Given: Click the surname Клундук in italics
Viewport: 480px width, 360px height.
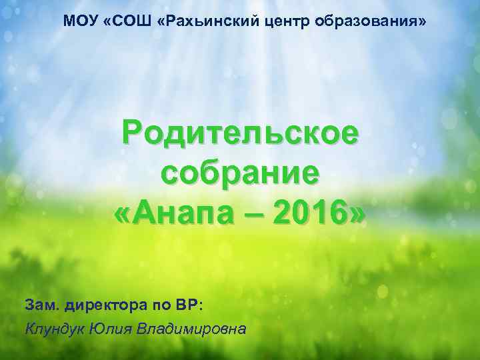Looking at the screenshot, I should (52, 328).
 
